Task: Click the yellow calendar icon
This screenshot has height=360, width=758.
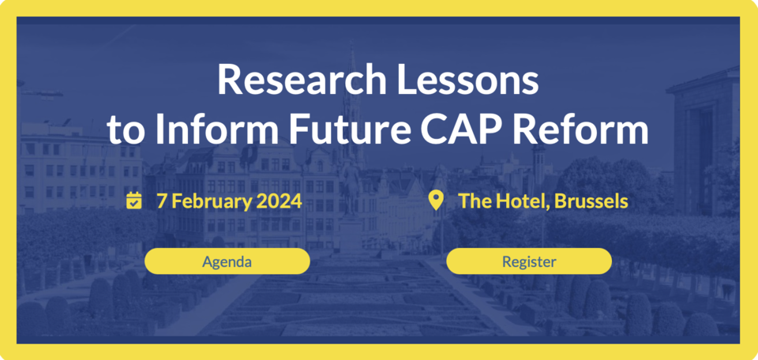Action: (x=134, y=201)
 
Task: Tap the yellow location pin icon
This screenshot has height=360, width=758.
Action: (x=436, y=201)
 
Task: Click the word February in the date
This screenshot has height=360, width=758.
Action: (x=212, y=201)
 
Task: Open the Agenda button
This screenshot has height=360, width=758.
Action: (x=227, y=261)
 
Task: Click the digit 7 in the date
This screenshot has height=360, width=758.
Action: (x=161, y=201)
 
